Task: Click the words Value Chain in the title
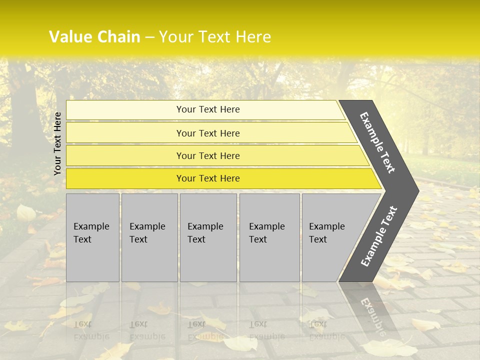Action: (94, 37)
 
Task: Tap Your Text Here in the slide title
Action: (215, 37)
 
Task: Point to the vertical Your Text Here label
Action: (58, 143)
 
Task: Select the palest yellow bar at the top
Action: (205, 109)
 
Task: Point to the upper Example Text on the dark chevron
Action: (377, 143)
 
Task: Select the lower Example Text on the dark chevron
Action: (379, 236)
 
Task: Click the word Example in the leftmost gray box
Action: (91, 226)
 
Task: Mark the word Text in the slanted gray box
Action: (318, 239)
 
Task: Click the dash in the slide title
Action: (149, 37)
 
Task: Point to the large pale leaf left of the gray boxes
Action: (25, 213)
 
